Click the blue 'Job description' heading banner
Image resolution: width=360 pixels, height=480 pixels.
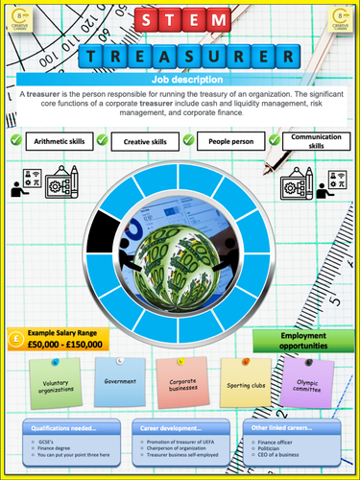(x=180, y=80)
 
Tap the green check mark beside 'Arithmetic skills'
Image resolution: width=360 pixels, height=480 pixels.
(x=16, y=141)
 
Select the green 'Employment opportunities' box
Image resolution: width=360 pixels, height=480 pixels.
(x=299, y=341)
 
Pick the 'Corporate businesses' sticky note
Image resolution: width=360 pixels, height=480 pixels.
(x=182, y=385)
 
